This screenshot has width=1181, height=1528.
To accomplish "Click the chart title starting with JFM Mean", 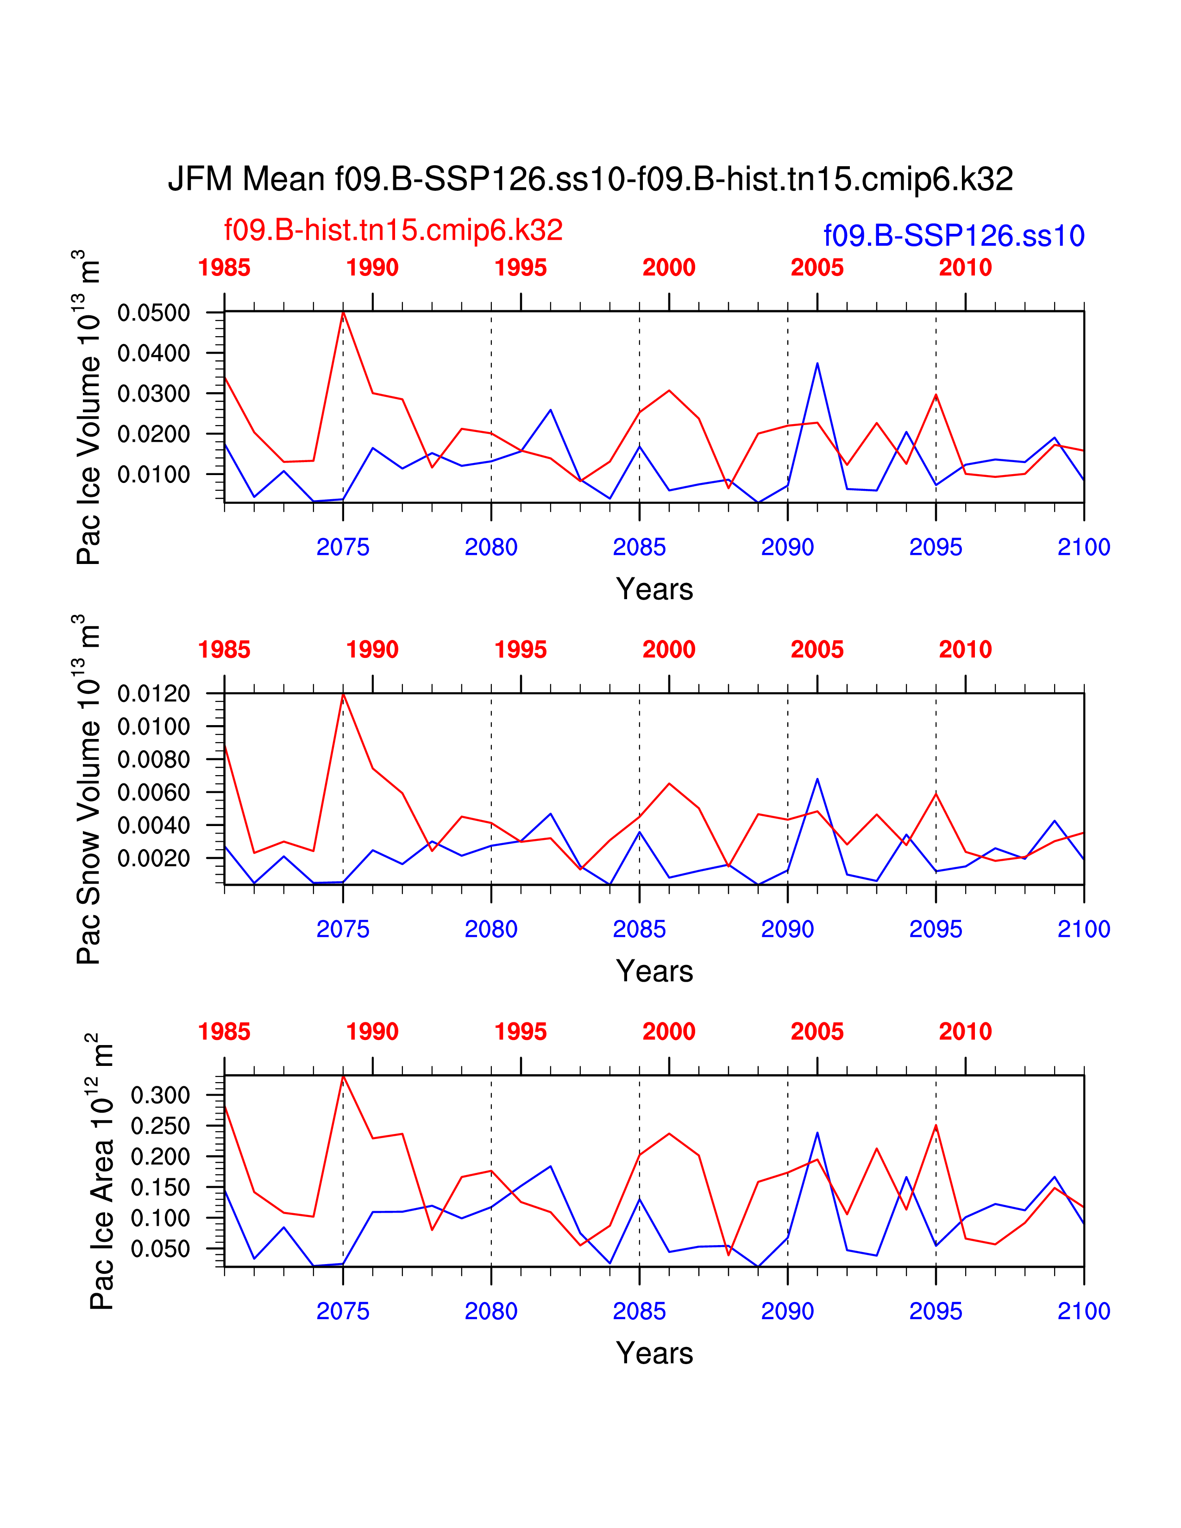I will pyautogui.click(x=590, y=179).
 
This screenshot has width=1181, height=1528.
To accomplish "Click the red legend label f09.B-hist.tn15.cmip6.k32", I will pyautogui.click(x=393, y=230).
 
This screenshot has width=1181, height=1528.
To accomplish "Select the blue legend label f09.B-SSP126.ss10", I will pyautogui.click(x=954, y=236).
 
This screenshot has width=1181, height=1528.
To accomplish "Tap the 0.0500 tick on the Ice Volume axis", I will pyautogui.click(x=153, y=313).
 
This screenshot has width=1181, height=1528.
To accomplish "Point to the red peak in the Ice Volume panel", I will pyautogui.click(x=343, y=312).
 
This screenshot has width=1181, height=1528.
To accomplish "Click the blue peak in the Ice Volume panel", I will pyautogui.click(x=817, y=363).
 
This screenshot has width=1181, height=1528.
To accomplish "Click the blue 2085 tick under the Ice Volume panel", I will pyautogui.click(x=639, y=547).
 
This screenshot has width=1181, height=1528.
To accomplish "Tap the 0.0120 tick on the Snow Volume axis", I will pyautogui.click(x=153, y=694).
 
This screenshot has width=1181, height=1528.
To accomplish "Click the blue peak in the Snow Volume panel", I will pyautogui.click(x=817, y=779).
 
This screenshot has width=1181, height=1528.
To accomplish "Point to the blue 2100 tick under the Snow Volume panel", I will pyautogui.click(x=1084, y=929).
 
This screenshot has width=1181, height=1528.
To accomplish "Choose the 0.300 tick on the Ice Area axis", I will pyautogui.click(x=160, y=1095).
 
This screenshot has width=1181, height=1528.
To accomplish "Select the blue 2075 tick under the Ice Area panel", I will pyautogui.click(x=343, y=1311).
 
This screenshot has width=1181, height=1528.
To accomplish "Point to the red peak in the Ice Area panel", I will pyautogui.click(x=343, y=1076).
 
